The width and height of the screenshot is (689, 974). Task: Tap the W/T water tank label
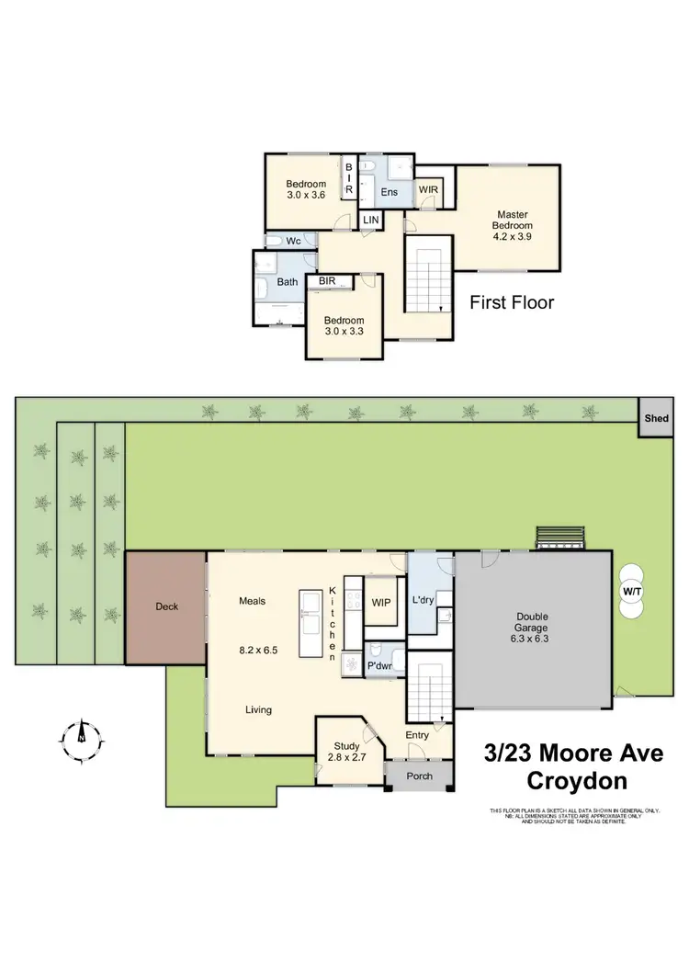pyautogui.click(x=630, y=592)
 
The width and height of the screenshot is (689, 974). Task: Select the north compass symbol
pyautogui.click(x=81, y=733)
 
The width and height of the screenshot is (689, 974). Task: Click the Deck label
pyautogui.click(x=166, y=606)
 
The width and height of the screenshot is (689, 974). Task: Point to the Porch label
pyautogui.click(x=419, y=776)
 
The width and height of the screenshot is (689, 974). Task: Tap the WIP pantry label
pyautogui.click(x=381, y=603)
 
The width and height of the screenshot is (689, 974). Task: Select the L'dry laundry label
pyautogui.click(x=423, y=600)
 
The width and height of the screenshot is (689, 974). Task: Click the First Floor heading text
pyautogui.click(x=512, y=302)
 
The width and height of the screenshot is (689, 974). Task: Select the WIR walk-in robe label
pyautogui.click(x=429, y=188)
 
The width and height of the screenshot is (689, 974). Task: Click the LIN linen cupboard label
pyautogui.click(x=370, y=221)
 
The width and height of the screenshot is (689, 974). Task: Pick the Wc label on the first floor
pyautogui.click(x=293, y=241)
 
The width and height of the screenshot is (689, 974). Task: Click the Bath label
pyautogui.click(x=288, y=282)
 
